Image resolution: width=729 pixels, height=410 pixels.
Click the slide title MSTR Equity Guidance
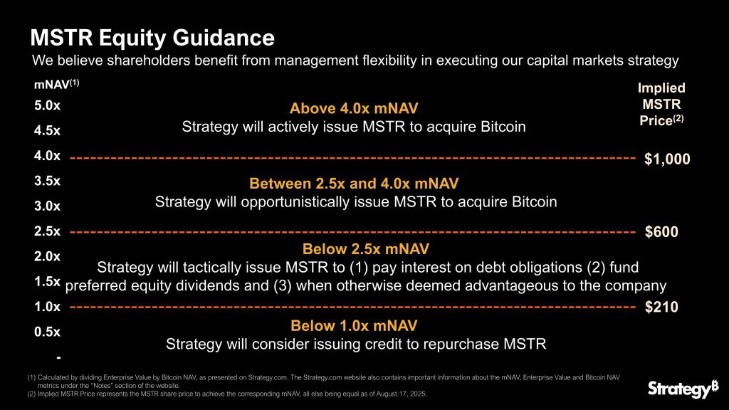click(152, 37)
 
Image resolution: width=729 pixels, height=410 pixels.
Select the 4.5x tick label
click(47, 131)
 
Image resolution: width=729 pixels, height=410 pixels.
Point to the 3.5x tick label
click(47, 181)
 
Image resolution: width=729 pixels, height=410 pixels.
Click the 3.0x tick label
click(47, 206)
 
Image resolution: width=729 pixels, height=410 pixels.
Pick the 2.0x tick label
click(47, 256)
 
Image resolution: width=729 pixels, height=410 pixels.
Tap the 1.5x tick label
click(47, 282)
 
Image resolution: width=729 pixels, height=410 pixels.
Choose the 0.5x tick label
click(47, 332)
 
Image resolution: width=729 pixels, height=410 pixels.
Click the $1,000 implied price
click(667, 159)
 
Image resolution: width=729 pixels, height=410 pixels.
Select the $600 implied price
click(661, 233)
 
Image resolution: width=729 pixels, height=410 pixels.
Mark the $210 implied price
click(661, 307)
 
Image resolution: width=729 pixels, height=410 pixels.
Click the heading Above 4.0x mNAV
click(354, 109)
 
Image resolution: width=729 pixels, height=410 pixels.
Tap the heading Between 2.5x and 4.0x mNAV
click(354, 184)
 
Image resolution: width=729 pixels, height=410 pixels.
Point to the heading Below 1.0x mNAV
click(354, 326)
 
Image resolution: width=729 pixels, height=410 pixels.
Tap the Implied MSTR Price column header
click(661, 104)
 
